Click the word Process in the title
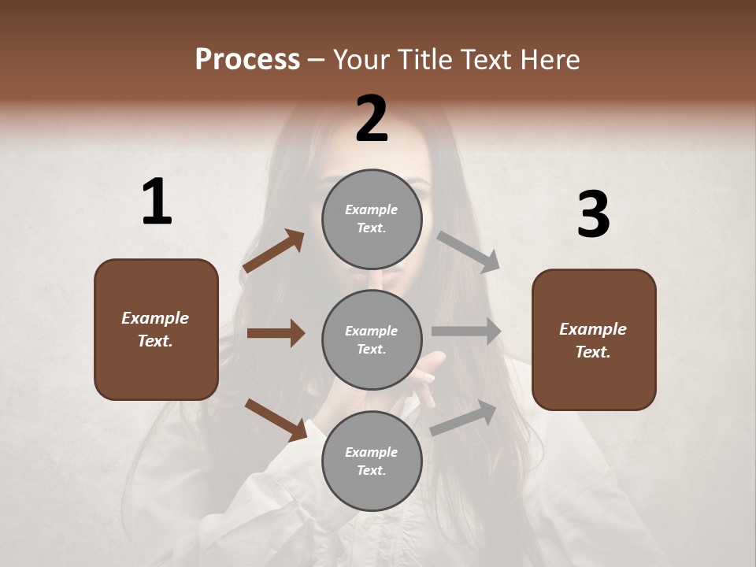tap(247, 60)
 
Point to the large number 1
tap(157, 202)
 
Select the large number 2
tap(372, 119)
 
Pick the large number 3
tap(593, 214)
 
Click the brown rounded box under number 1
tap(156, 329)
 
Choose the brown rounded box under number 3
tap(594, 340)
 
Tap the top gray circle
tap(372, 219)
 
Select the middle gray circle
tap(372, 339)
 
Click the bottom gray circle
tap(372, 461)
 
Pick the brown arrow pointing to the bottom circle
tap(276, 420)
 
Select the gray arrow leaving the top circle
tap(468, 251)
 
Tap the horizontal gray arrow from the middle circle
tap(466, 332)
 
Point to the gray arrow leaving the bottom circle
tap(463, 417)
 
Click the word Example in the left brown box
tap(155, 318)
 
